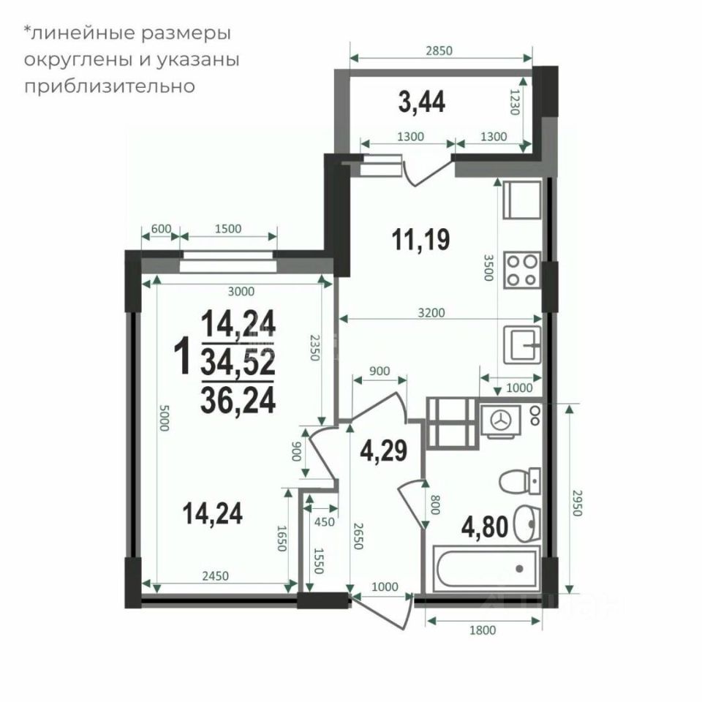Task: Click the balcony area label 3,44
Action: click(421, 102)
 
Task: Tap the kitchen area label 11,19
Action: click(420, 240)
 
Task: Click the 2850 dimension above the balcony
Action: click(439, 50)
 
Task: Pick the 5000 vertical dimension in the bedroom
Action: click(164, 418)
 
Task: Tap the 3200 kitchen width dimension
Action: click(431, 312)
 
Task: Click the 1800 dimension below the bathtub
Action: click(483, 630)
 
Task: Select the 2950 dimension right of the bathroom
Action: click(577, 503)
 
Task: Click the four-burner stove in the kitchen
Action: click(521, 270)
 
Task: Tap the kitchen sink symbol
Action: click(521, 344)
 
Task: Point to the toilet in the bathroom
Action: click(520, 481)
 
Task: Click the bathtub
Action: click(487, 569)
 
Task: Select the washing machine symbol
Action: click(500, 422)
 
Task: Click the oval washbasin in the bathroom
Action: click(527, 524)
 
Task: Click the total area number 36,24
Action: click(238, 400)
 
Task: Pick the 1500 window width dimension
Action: click(228, 229)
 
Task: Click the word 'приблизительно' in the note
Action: click(109, 86)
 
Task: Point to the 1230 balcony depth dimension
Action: click(515, 102)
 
